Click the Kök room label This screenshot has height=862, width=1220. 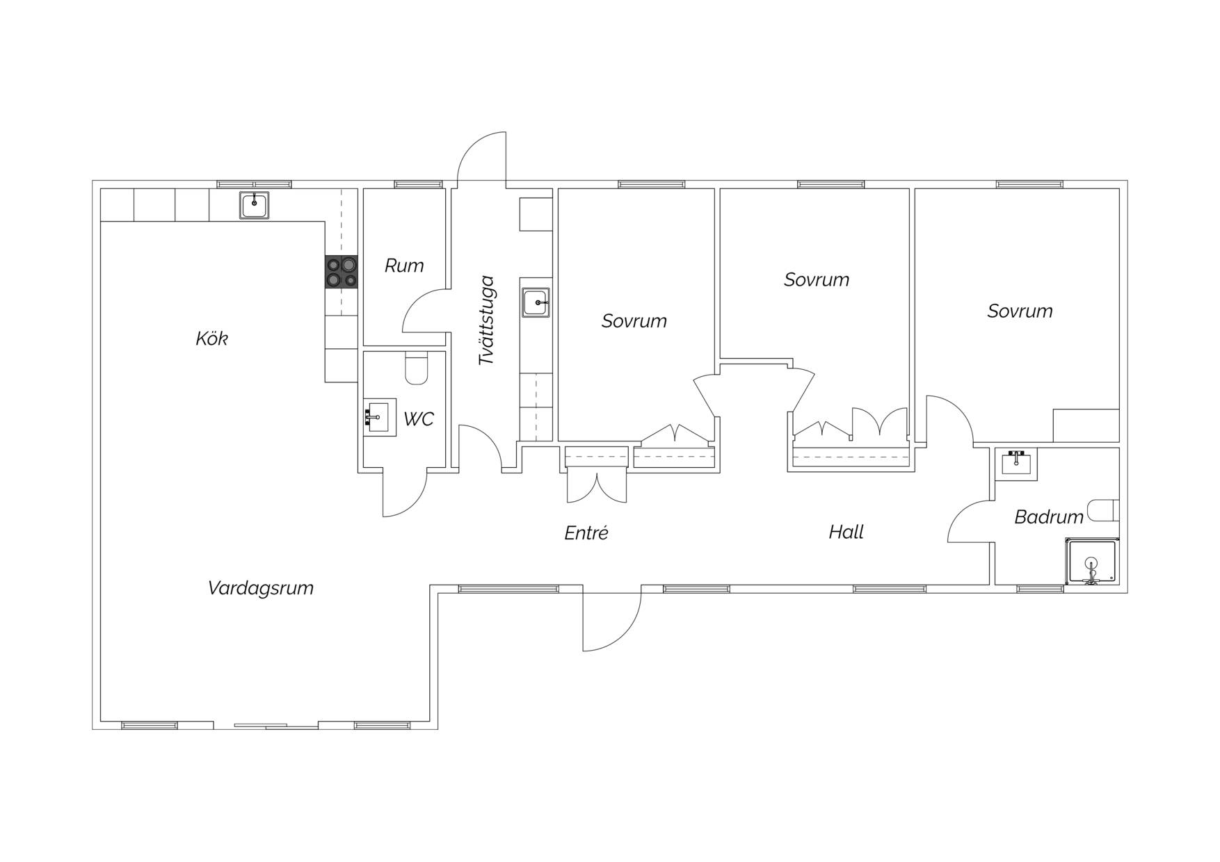point(211,339)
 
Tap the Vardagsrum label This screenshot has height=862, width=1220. point(261,588)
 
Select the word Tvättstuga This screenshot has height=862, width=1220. point(486,320)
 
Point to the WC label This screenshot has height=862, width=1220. point(419,418)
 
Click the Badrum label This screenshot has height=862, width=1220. point(1049,517)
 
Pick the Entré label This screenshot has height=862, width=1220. point(586,532)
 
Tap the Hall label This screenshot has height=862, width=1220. point(846,532)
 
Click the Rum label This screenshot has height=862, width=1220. point(404,265)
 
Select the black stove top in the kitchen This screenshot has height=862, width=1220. point(342,272)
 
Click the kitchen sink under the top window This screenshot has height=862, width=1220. point(255,205)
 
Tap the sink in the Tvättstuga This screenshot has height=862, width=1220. point(536,302)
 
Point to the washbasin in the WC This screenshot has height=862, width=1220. point(380,417)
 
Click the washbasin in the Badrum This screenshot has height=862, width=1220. point(1016,463)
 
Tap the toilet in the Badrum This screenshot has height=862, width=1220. point(1105,510)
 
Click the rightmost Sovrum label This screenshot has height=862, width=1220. point(1020,311)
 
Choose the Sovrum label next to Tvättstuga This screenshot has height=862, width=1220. point(634,320)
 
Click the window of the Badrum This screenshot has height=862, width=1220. point(1040,589)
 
